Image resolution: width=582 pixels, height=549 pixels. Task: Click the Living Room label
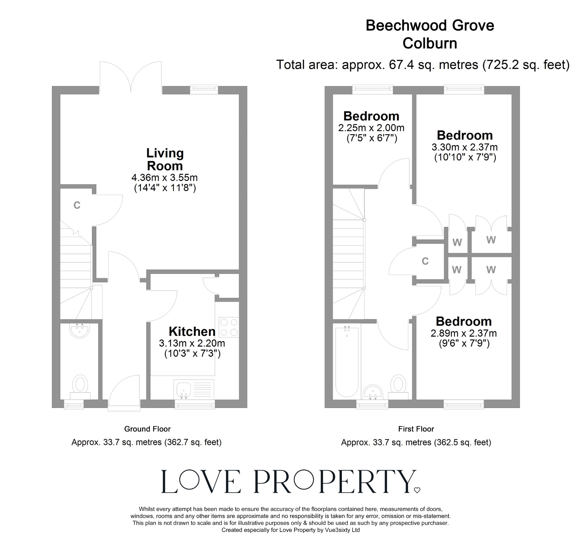click(x=165, y=160)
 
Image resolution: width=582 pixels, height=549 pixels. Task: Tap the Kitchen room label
click(x=192, y=332)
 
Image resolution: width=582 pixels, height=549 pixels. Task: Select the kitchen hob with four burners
click(x=229, y=328)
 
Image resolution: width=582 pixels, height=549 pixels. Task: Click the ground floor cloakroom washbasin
click(x=80, y=330)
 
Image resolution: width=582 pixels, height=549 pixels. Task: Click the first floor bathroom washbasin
click(x=373, y=392)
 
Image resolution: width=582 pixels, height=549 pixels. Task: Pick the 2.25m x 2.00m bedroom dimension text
click(x=371, y=128)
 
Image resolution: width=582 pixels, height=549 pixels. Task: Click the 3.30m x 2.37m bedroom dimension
click(x=465, y=147)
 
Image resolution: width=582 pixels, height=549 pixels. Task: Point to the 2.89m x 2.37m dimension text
click(x=464, y=333)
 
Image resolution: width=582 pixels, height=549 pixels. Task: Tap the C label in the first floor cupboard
click(x=425, y=261)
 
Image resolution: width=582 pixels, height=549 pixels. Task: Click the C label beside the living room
click(x=77, y=206)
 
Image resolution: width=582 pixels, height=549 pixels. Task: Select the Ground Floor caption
click(x=147, y=429)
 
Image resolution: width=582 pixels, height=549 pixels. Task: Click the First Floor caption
click(x=416, y=429)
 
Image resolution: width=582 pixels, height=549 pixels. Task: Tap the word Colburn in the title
click(x=430, y=44)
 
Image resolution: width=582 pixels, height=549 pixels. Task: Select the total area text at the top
click(x=423, y=65)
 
